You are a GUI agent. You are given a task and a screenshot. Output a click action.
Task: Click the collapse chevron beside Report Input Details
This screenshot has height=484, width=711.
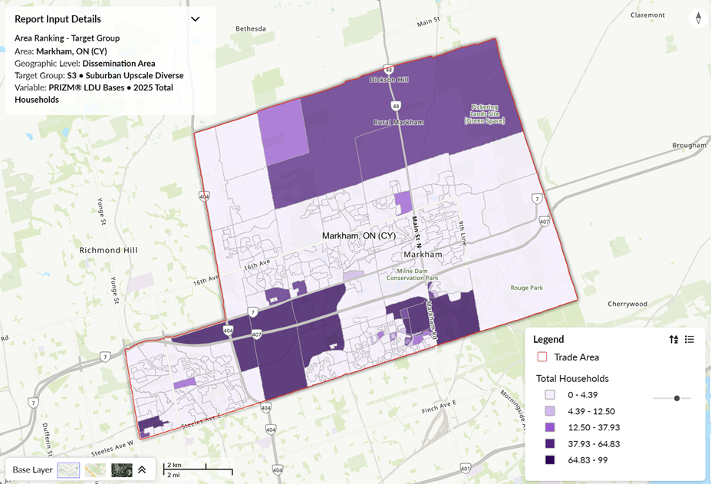tap(195, 19)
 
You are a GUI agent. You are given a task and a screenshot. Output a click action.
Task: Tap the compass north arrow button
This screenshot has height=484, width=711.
tap(698, 18)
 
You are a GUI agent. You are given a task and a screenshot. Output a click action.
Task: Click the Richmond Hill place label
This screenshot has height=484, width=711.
tap(110, 250)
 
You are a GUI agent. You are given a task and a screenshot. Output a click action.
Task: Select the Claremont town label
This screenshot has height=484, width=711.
tap(647, 15)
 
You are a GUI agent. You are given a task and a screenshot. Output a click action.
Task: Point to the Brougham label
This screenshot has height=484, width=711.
tap(688, 145)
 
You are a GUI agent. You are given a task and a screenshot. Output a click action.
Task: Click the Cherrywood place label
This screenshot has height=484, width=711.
tap(627, 304)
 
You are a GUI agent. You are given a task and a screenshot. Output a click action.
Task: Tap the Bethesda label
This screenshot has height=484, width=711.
tap(251, 28)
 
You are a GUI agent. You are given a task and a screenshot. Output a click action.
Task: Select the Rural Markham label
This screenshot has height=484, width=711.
tap(398, 122)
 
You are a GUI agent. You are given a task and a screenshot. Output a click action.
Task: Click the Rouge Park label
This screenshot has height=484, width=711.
tap(526, 288)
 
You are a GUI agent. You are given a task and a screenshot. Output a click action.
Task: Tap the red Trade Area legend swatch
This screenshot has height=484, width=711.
tap(542, 357)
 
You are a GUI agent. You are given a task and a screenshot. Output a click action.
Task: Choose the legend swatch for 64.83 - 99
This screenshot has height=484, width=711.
tap(550, 460)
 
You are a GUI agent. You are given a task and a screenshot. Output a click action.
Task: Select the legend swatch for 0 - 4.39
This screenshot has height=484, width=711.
tap(550, 395)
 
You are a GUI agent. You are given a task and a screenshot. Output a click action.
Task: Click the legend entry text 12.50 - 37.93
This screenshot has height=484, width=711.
tap(593, 427)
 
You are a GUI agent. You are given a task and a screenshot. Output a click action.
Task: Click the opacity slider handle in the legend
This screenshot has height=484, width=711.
tap(676, 398)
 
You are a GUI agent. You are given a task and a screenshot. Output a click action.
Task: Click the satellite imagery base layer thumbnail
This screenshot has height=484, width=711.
tap(121, 469)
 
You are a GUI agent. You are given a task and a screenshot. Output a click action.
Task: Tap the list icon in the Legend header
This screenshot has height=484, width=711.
tap(690, 339)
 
